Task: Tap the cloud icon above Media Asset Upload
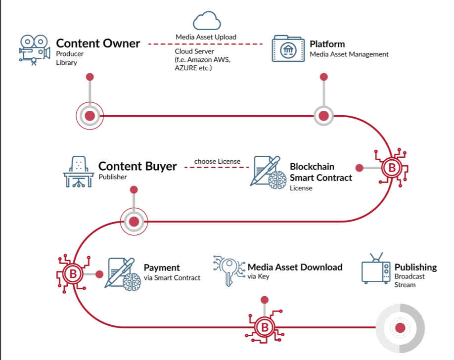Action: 206,21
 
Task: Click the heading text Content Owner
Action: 98,44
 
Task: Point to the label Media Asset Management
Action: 349,54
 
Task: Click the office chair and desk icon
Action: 79,172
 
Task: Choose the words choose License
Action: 217,161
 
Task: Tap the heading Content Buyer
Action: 137,166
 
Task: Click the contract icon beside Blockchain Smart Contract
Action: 268,172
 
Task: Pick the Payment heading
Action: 162,268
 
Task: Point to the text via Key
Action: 258,276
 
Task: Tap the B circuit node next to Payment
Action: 73,273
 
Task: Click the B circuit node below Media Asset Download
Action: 265,327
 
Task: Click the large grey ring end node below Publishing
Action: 400,328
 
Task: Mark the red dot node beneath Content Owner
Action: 90,116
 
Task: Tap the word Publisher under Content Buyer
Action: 113,177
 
